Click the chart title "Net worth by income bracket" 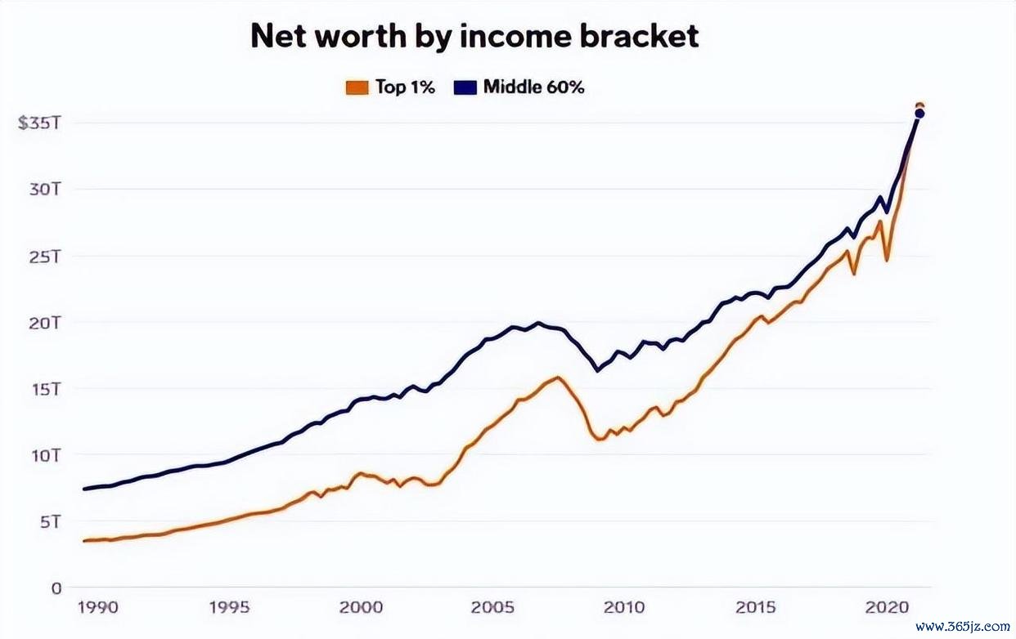click(474, 37)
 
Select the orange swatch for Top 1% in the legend click(357, 87)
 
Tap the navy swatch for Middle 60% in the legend click(464, 87)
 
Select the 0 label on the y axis click(56, 588)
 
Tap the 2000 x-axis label click(361, 607)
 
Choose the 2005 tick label click(492, 607)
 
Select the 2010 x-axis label click(623, 607)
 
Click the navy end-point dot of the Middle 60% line click(919, 114)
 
